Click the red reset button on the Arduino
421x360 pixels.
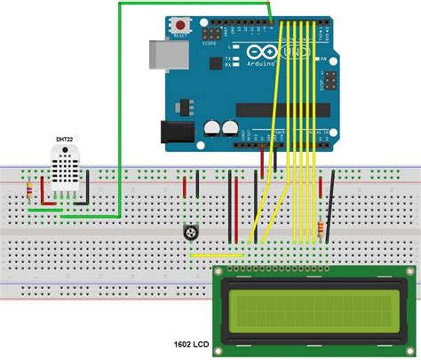coord(181,24)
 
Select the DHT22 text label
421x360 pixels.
coord(65,139)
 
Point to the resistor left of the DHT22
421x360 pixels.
coord(32,189)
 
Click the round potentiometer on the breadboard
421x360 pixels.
coord(188,233)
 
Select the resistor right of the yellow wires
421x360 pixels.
coord(319,229)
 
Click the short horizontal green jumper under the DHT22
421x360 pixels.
coord(41,210)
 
